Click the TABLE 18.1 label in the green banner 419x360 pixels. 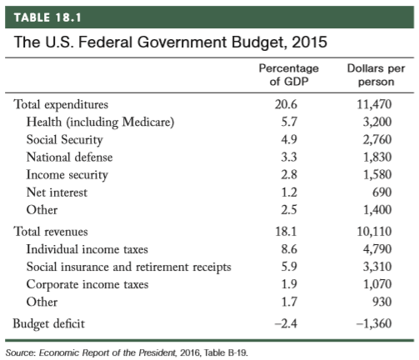tap(47, 17)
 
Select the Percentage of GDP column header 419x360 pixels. tap(289, 75)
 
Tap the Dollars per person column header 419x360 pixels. tap(376, 75)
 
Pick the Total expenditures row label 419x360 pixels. tap(61, 105)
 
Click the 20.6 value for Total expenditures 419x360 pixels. tap(286, 104)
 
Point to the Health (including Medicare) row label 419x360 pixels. tap(100, 122)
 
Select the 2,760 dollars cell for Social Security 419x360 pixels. tap(377, 139)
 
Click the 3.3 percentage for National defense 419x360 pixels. tap(289, 157)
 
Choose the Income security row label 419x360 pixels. tap(67, 175)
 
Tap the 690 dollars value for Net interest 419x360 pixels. tap(382, 192)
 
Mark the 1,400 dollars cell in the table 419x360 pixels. tap(377, 210)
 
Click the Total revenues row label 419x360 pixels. tap(51, 232)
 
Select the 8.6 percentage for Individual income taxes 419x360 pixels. tap(289, 249)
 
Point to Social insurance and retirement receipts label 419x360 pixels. tap(129, 267)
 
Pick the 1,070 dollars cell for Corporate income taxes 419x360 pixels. tap(377, 284)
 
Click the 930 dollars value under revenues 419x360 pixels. tap(382, 302)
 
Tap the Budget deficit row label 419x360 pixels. tap(49, 324)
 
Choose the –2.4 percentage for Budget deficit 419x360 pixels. tap(286, 323)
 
